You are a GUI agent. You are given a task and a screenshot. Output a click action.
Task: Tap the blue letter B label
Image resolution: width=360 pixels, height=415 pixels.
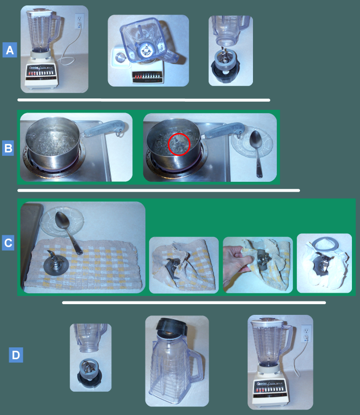(9, 148)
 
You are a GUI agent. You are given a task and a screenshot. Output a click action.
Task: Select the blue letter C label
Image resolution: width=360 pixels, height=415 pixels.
(9, 243)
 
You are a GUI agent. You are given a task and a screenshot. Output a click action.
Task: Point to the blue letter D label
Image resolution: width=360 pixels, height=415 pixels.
(16, 355)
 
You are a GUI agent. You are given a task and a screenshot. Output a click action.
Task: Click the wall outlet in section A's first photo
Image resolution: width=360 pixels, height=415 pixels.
(79, 21)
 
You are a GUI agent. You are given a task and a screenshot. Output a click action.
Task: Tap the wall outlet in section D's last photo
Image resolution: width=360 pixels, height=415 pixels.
(306, 331)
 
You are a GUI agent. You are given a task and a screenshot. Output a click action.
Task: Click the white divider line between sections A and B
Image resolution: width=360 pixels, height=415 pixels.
(143, 100)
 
